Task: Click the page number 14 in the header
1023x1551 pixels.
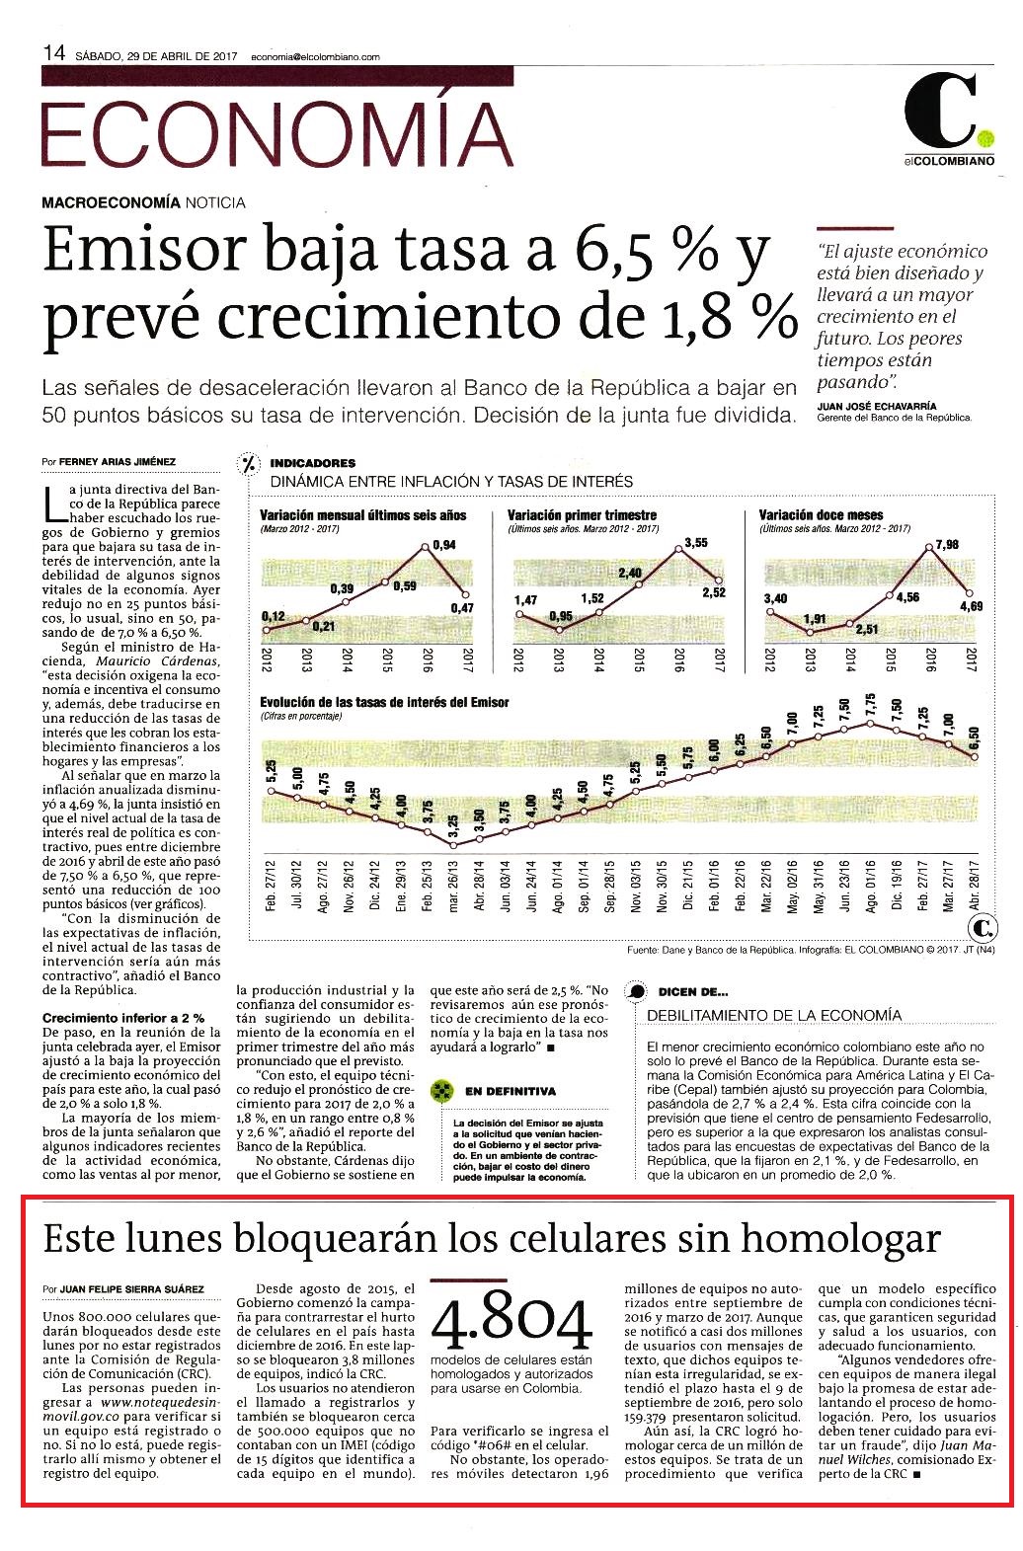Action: pos(54,53)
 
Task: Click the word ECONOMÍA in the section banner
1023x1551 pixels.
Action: pos(277,133)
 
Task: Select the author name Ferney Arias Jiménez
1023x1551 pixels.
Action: pos(118,462)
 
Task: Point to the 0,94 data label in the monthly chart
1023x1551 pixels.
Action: pos(444,545)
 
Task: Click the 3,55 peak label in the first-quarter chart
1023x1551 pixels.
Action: pos(696,543)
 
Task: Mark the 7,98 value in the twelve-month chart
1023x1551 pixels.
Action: pos(947,544)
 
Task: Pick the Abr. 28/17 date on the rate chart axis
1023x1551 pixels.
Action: pos(975,886)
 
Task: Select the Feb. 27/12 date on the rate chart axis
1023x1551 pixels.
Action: pos(271,886)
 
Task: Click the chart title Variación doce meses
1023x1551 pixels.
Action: pos(821,515)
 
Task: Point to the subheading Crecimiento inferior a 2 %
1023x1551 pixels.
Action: pos(123,1018)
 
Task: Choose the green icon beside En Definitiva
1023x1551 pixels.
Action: pos(441,1091)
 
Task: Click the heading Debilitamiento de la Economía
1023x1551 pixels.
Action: pos(774,1015)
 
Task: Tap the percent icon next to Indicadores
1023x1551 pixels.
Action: pos(248,464)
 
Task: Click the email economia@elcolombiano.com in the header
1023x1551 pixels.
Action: pos(315,57)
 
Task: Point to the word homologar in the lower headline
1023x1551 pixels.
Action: pos(841,1239)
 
